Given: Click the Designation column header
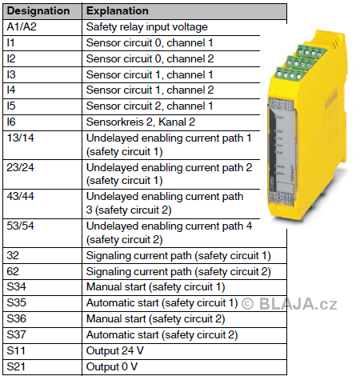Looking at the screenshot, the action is (38, 11).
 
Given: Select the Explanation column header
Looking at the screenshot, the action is (118, 11).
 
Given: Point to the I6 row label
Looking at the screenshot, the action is (11, 122).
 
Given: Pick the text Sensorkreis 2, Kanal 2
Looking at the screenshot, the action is (141, 122).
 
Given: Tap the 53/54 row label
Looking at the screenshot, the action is (21, 226).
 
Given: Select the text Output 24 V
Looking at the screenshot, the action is (115, 350).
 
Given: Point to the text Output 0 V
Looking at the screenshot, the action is (112, 366).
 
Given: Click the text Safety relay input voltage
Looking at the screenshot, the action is (147, 27).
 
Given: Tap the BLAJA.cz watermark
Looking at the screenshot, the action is (298, 304).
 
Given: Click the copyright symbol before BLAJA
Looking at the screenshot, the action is (247, 304).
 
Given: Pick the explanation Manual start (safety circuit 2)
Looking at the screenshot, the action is (156, 318).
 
